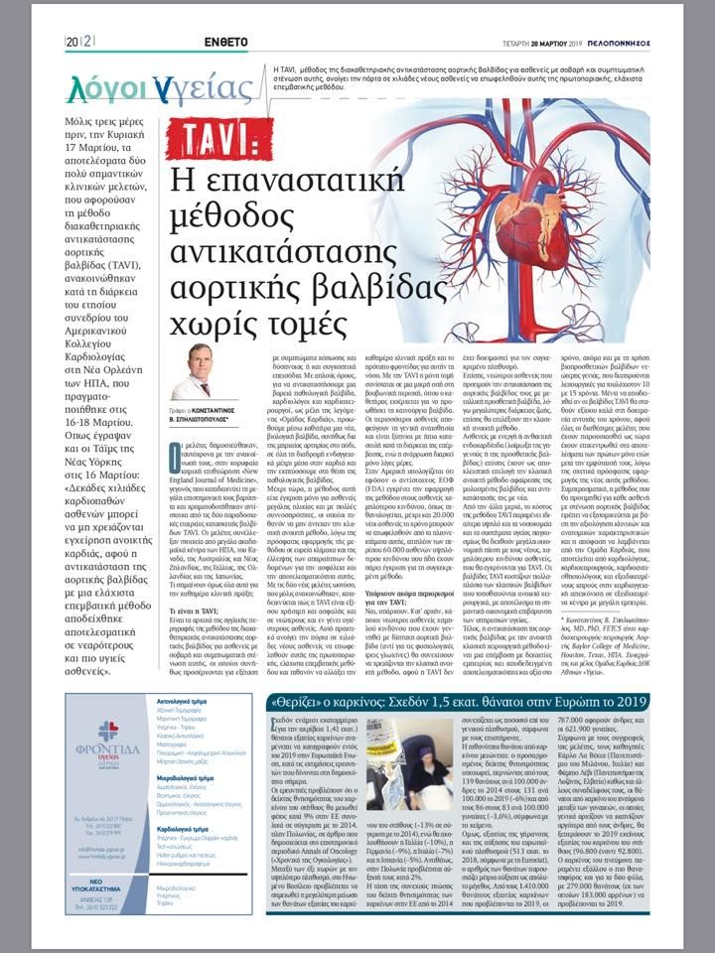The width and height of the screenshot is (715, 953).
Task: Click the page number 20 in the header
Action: point(73,41)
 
